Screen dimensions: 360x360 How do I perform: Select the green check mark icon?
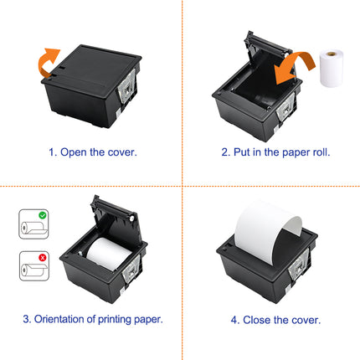pos(39,215)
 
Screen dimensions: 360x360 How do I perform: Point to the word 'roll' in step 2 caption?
pos(318,153)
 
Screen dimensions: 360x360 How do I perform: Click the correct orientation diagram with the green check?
pos(31,226)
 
